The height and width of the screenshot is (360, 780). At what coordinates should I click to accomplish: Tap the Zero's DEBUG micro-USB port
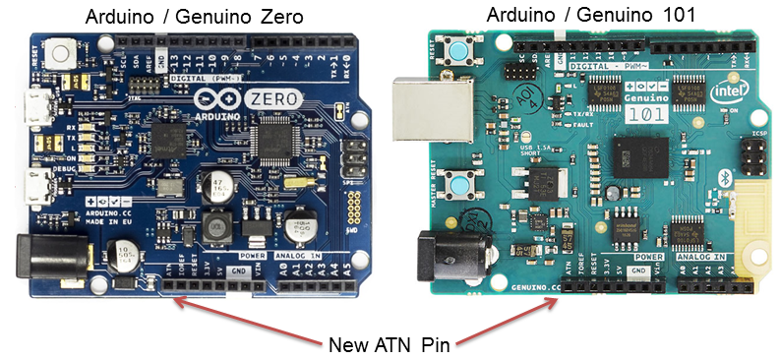44,184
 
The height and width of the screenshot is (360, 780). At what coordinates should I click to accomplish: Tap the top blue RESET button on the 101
458,51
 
